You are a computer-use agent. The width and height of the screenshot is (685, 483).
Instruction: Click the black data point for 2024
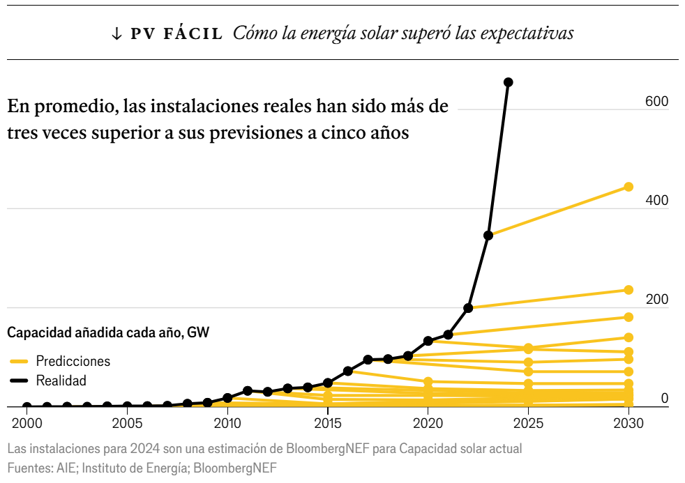[509, 82]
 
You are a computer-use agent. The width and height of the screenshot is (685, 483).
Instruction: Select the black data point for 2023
[488, 236]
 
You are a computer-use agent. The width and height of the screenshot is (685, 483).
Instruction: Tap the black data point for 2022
[469, 308]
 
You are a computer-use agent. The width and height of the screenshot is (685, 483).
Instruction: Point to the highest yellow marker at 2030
[628, 187]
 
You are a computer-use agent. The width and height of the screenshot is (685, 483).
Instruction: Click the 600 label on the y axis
[656, 102]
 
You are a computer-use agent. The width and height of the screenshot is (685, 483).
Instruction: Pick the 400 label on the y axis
[656, 201]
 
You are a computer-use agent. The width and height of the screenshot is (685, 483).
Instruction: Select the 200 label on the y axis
[656, 300]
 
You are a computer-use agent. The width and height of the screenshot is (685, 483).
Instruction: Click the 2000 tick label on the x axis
[27, 423]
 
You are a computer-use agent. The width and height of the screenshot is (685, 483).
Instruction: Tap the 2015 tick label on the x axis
[327, 423]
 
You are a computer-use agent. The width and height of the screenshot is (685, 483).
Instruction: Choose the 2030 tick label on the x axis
[628, 423]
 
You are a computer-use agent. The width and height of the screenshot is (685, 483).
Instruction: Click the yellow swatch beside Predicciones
[19, 361]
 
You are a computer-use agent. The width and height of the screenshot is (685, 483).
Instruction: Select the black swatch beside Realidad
[19, 381]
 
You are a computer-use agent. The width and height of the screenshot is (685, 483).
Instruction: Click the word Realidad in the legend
[61, 381]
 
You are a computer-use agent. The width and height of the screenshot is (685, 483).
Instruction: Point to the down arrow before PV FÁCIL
[116, 33]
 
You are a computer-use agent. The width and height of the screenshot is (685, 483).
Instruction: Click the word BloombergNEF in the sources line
[235, 468]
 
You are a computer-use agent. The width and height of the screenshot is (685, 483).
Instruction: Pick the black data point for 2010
[227, 398]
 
